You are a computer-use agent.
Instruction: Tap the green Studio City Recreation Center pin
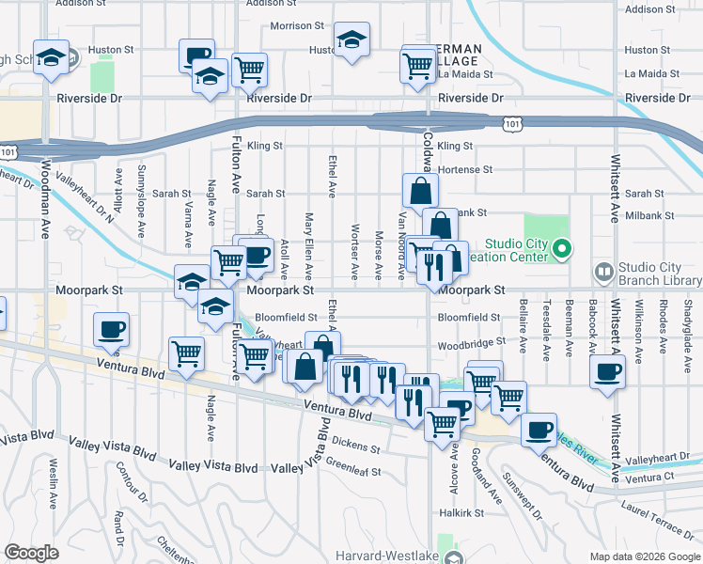(562, 249)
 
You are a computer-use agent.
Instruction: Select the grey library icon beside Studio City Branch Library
(603, 273)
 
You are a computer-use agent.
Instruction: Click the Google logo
(31, 553)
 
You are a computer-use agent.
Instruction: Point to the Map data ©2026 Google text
(644, 556)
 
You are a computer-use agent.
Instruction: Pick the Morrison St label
(296, 26)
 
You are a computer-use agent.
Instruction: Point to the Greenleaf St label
(353, 468)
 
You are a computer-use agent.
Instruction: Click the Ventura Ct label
(655, 478)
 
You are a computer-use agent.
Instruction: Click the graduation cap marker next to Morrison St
(351, 39)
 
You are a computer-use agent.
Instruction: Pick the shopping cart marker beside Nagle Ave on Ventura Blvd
(186, 354)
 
